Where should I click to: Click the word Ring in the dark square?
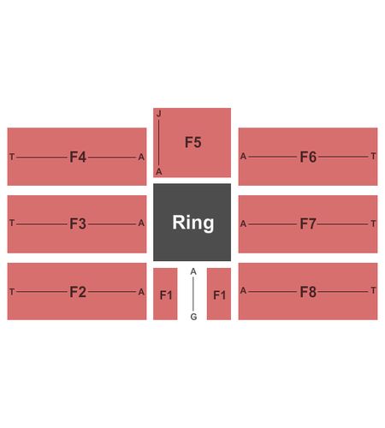tap(193, 223)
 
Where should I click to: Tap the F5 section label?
tap(193, 142)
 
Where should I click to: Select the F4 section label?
tap(78, 157)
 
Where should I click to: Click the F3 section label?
tap(78, 223)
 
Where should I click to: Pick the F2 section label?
tap(78, 292)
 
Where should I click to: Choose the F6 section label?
tap(308, 157)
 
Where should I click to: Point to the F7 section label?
tap(308, 223)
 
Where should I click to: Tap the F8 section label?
tap(308, 292)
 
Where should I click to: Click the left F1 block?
tap(165, 294)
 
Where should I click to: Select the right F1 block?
tap(219, 294)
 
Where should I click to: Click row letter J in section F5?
tap(159, 114)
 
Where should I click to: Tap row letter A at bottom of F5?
tap(159, 172)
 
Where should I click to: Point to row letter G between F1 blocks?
tap(193, 317)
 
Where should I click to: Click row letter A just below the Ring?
tap(193, 271)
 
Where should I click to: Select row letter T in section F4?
tap(12, 157)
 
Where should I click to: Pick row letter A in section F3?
tap(141, 223)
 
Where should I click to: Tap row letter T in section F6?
tap(373, 156)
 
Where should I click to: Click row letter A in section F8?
tap(243, 291)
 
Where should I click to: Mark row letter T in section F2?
tap(12, 292)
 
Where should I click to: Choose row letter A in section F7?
tap(243, 224)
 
